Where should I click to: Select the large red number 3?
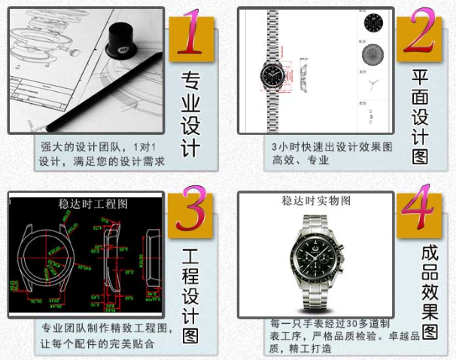point(189,215)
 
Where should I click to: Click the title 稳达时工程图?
point(93,203)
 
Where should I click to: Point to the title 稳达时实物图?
point(316,201)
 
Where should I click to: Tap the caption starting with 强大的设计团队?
point(102,154)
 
